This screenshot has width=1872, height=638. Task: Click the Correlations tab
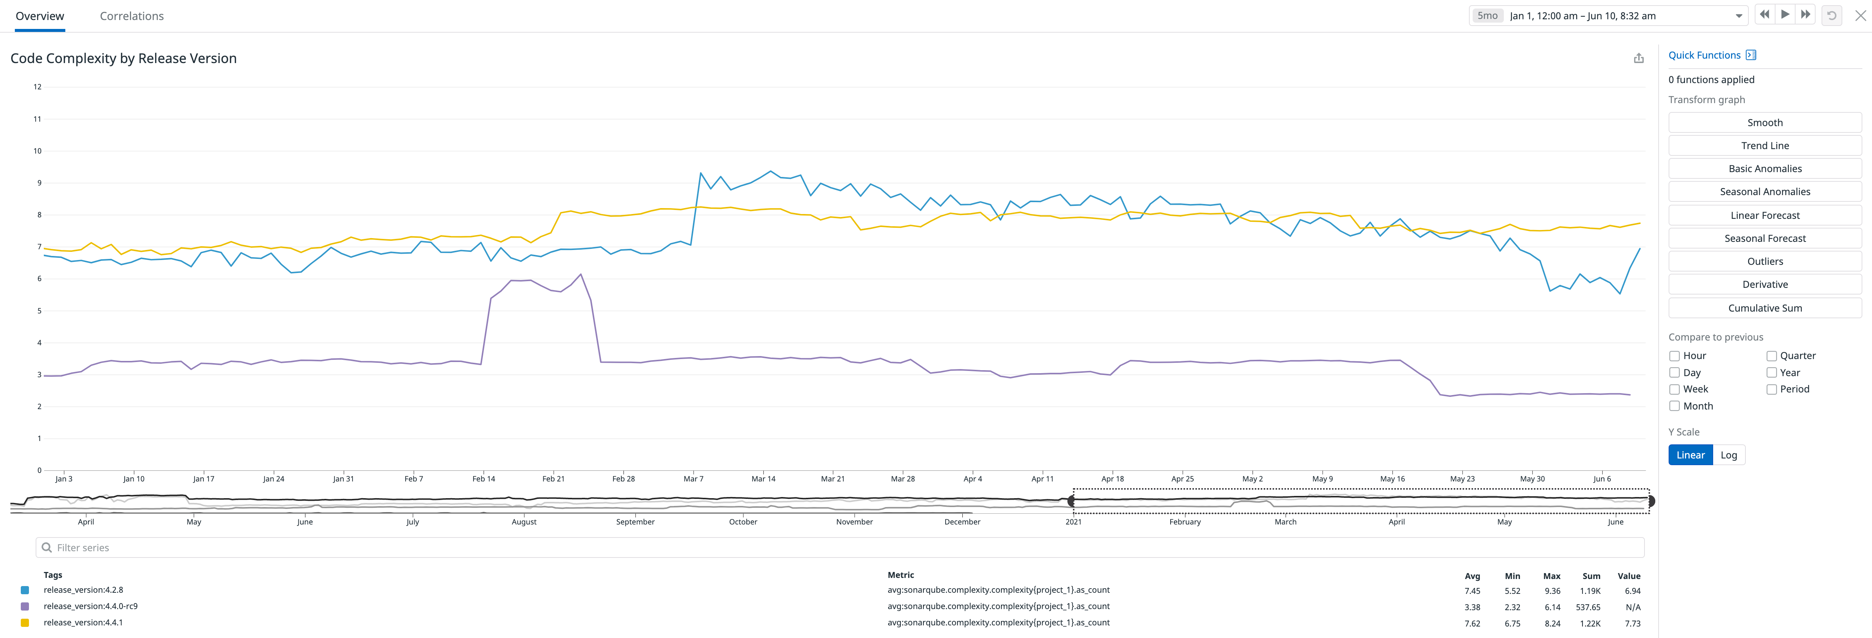click(x=131, y=16)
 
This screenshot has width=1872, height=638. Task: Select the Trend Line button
click(x=1764, y=145)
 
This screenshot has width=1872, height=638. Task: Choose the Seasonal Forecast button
click(x=1764, y=239)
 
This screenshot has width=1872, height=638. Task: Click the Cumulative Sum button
click(x=1764, y=308)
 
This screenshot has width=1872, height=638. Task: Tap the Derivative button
click(x=1764, y=284)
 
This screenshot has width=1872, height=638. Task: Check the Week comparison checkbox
click(x=1674, y=389)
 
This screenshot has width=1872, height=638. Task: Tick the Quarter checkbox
click(x=1772, y=356)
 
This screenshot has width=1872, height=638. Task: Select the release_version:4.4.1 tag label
click(x=83, y=623)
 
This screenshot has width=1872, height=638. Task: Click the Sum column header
click(x=1591, y=576)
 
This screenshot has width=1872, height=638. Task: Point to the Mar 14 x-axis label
click(x=763, y=479)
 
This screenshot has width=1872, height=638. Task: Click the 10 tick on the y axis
click(x=37, y=151)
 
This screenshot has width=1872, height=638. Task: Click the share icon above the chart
click(x=1638, y=58)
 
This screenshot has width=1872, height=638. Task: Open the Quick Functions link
click(x=1704, y=55)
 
